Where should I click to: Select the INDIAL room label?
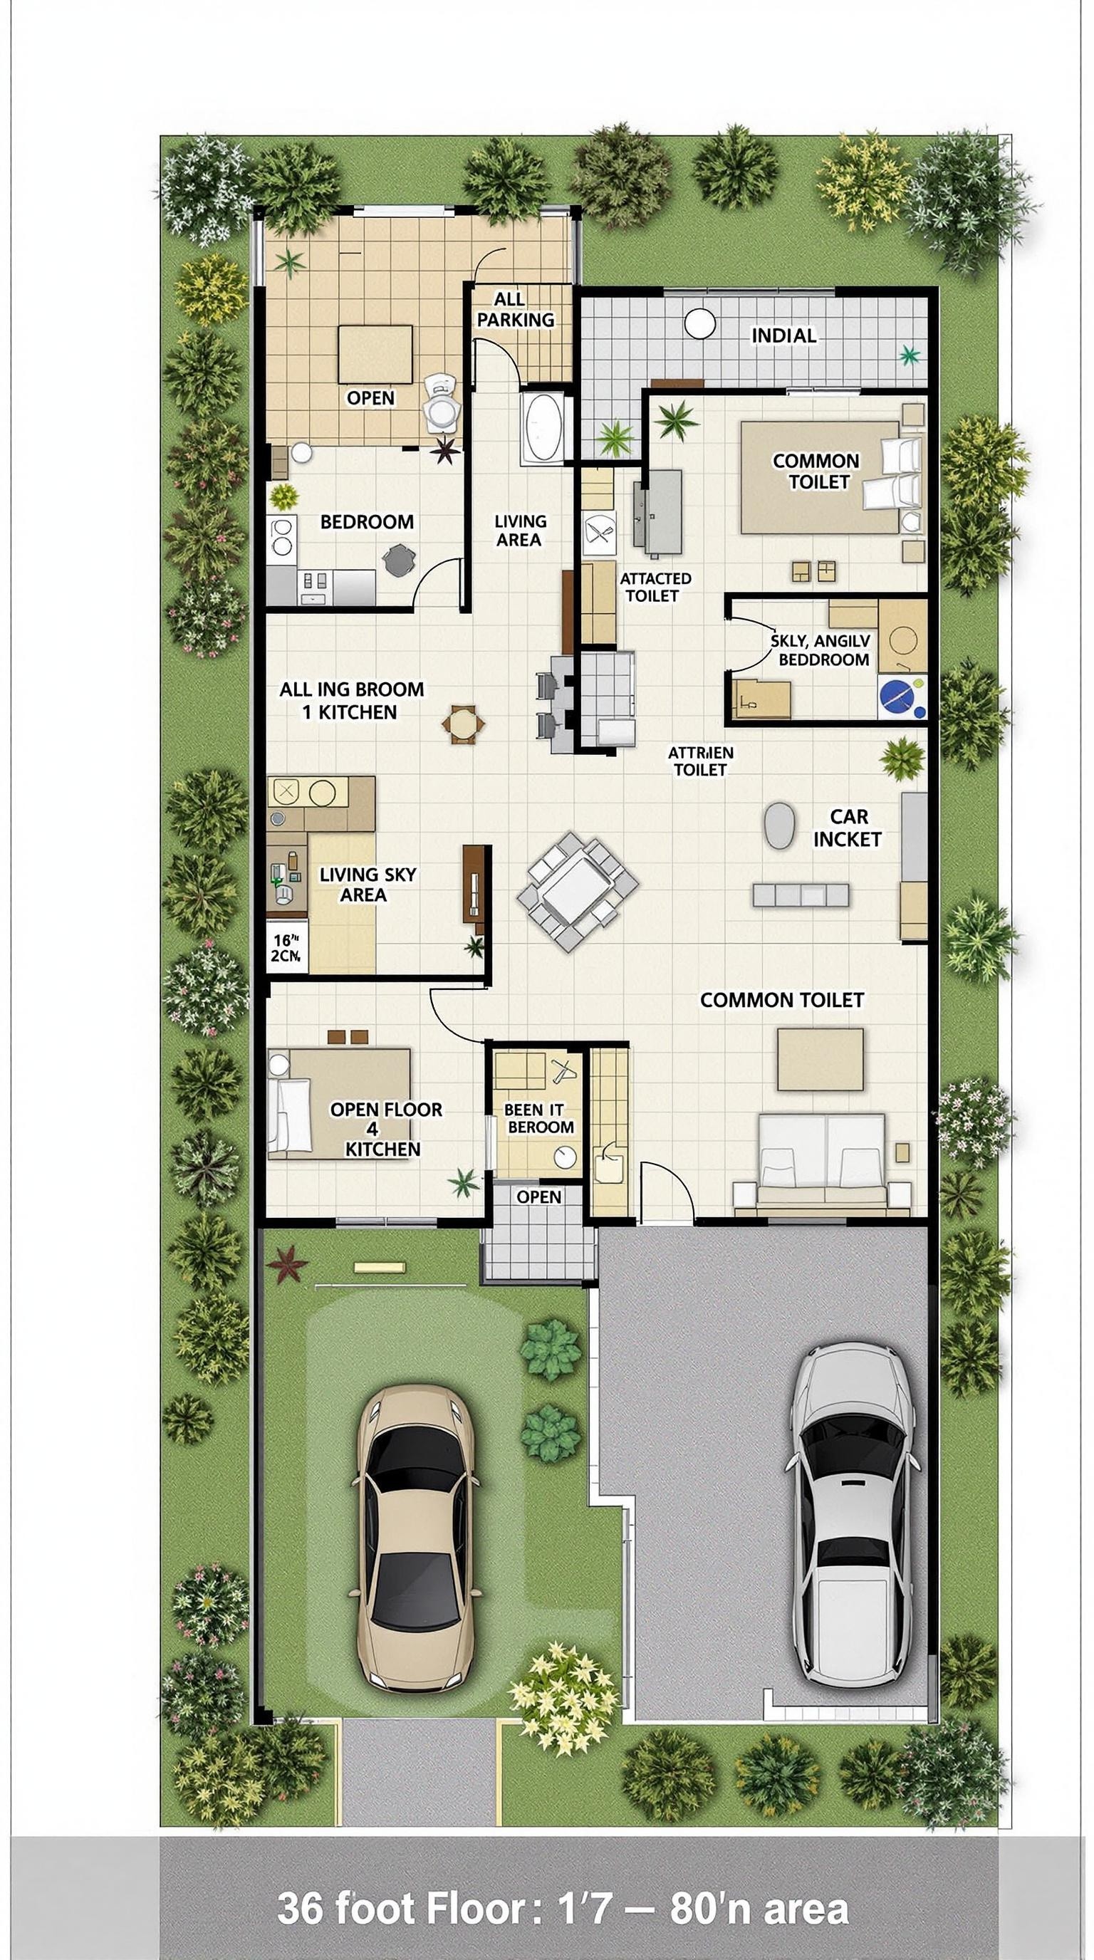tap(783, 335)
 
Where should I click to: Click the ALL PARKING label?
tap(515, 310)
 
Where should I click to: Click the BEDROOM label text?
tap(367, 522)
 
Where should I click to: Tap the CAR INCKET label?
tap(848, 828)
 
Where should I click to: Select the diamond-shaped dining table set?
tap(578, 890)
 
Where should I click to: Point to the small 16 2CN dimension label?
tap(286, 948)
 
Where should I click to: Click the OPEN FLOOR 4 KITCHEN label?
tap(385, 1129)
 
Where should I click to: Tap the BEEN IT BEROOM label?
tap(539, 1118)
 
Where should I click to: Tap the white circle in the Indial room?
tap(699, 323)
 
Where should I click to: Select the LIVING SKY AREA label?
tap(367, 884)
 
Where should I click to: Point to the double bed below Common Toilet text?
tap(822, 1159)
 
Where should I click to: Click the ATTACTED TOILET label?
tap(655, 588)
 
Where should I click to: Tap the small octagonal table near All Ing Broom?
tap(462, 724)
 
